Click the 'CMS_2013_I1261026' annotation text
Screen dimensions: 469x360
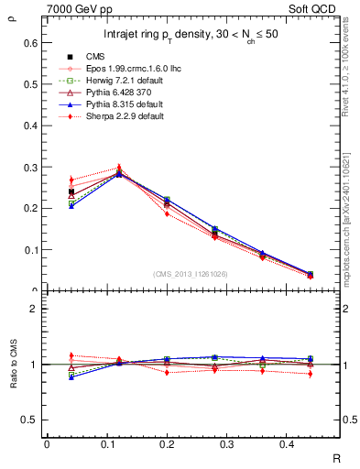point(191,273)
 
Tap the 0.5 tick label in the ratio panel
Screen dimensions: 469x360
point(30,420)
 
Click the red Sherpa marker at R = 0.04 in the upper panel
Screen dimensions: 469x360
point(71,180)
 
